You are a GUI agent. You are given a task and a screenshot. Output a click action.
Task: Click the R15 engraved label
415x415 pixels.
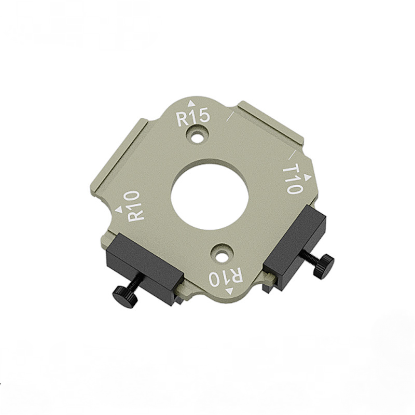coord(193,117)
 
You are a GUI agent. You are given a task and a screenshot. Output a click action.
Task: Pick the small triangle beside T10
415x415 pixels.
coord(307,178)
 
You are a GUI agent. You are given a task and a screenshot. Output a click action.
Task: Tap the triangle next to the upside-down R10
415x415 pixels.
coord(229,291)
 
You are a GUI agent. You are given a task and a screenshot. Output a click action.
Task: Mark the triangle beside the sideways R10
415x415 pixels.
coord(119,210)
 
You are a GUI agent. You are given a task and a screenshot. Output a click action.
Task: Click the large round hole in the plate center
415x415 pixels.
coord(210,198)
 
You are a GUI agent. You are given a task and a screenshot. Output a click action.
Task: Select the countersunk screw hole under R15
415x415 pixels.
coord(197,136)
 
